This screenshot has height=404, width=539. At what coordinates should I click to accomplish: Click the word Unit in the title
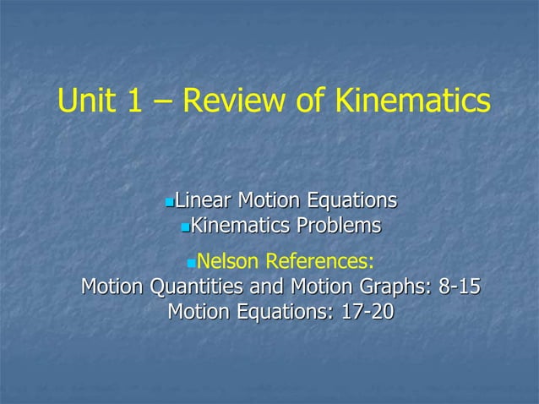(85, 101)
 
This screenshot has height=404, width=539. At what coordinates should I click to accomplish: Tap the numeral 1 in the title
(135, 101)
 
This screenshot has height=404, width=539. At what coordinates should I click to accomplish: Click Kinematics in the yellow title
(413, 101)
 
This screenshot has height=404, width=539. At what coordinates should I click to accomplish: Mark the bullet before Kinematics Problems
(186, 227)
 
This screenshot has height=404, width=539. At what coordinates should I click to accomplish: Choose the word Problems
(337, 227)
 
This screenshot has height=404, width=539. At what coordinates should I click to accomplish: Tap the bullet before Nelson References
(189, 259)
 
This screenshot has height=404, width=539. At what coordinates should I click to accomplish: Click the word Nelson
(227, 258)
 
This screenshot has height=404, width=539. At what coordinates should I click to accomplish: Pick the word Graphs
(383, 287)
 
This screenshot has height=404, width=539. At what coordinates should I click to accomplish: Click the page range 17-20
(367, 312)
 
